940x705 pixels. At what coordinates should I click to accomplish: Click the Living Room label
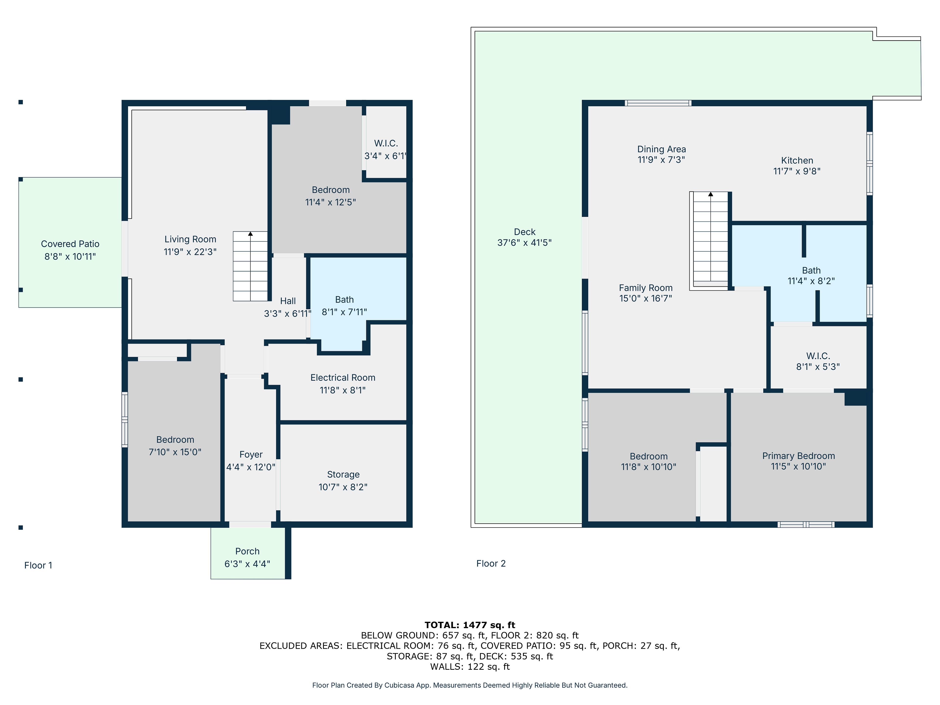point(190,239)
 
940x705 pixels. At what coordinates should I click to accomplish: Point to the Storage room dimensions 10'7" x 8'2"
point(343,487)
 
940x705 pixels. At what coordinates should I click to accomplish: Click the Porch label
point(247,551)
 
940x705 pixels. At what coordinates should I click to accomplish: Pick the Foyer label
point(251,455)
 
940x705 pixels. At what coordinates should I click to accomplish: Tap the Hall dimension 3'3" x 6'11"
point(288,314)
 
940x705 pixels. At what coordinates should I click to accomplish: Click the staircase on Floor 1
point(250,266)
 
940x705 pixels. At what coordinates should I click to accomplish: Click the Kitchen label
point(797,161)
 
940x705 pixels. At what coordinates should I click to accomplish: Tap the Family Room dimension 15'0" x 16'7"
point(646,298)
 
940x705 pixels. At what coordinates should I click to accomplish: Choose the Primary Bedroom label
point(799,456)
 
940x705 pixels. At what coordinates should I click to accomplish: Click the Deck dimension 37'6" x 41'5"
point(524,243)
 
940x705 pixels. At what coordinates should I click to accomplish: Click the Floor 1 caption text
point(38,565)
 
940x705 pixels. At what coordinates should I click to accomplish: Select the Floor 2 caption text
point(491,564)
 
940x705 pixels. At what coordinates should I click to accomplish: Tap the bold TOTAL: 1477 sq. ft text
point(470,625)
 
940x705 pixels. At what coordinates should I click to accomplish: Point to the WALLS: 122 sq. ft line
point(470,667)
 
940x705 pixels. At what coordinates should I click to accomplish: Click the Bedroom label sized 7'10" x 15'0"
point(175,440)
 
